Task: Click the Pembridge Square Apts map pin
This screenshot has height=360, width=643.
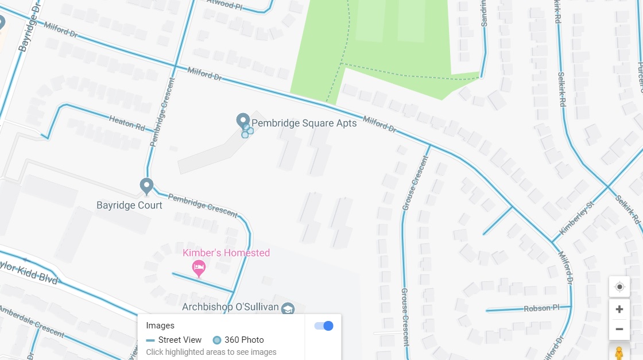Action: click(x=243, y=121)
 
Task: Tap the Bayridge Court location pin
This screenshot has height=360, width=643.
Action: click(x=146, y=185)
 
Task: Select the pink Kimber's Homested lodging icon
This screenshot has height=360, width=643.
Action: click(x=199, y=266)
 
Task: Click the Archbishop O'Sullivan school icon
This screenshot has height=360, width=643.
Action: click(x=288, y=308)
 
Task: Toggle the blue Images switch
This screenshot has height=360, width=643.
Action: click(x=324, y=326)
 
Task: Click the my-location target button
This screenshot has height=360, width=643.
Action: click(x=619, y=287)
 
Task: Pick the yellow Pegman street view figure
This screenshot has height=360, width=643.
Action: click(x=619, y=353)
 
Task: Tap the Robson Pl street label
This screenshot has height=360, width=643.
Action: click(x=541, y=308)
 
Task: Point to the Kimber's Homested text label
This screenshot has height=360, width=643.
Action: click(x=226, y=253)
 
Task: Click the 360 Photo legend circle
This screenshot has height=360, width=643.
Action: click(x=217, y=340)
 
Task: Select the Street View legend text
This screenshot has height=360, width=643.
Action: click(x=180, y=340)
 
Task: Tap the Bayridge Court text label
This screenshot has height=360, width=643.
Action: click(x=129, y=205)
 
